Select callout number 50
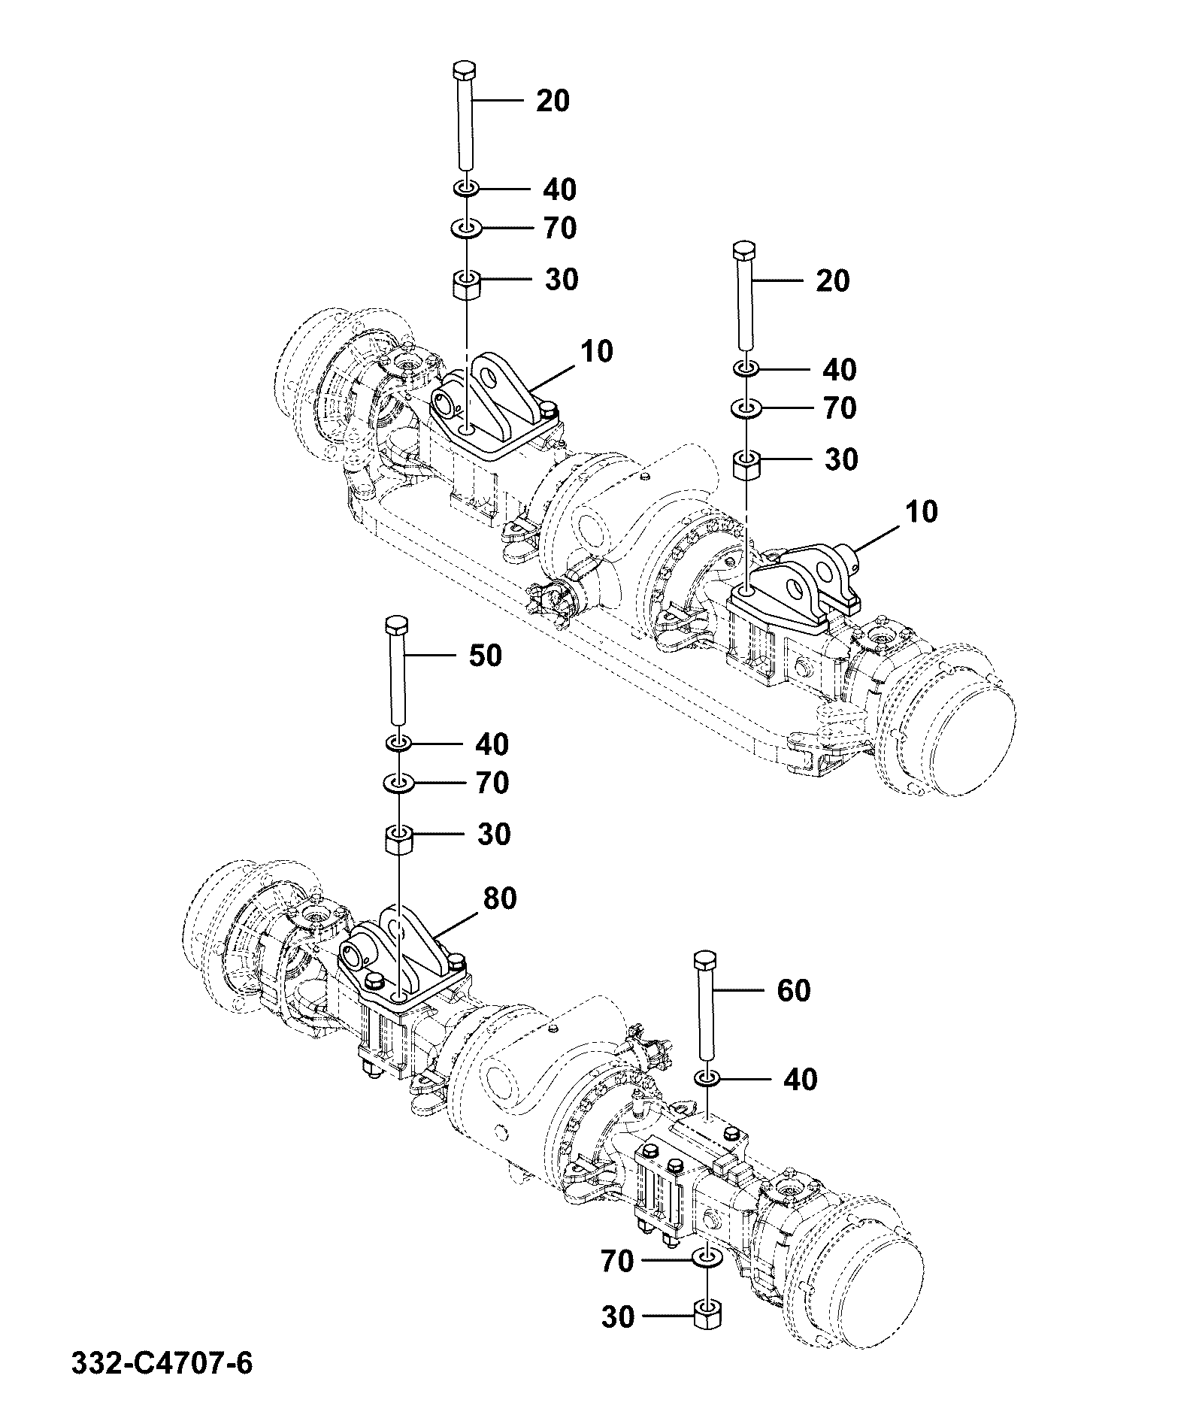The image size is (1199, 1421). [x=485, y=656]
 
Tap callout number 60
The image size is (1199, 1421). [x=793, y=990]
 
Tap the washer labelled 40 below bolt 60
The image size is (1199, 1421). [x=706, y=1079]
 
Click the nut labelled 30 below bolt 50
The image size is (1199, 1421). [x=399, y=838]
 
